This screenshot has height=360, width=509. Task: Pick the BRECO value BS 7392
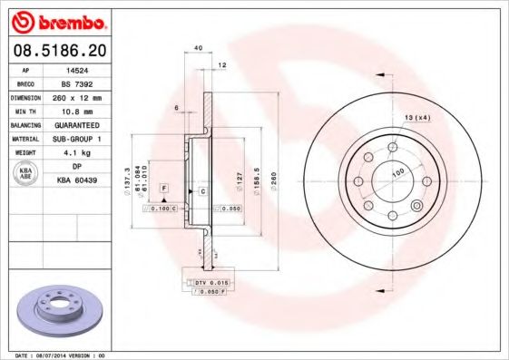pos(87,82)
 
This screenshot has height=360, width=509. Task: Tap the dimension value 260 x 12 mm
pos(87,95)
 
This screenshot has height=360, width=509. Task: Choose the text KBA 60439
pos(87,180)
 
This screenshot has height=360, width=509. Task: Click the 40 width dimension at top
pos(198,47)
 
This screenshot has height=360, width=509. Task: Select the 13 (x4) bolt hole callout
pos(416,118)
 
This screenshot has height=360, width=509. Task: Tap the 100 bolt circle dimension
pos(396,171)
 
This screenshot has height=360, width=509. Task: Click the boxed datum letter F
pos(163,187)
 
